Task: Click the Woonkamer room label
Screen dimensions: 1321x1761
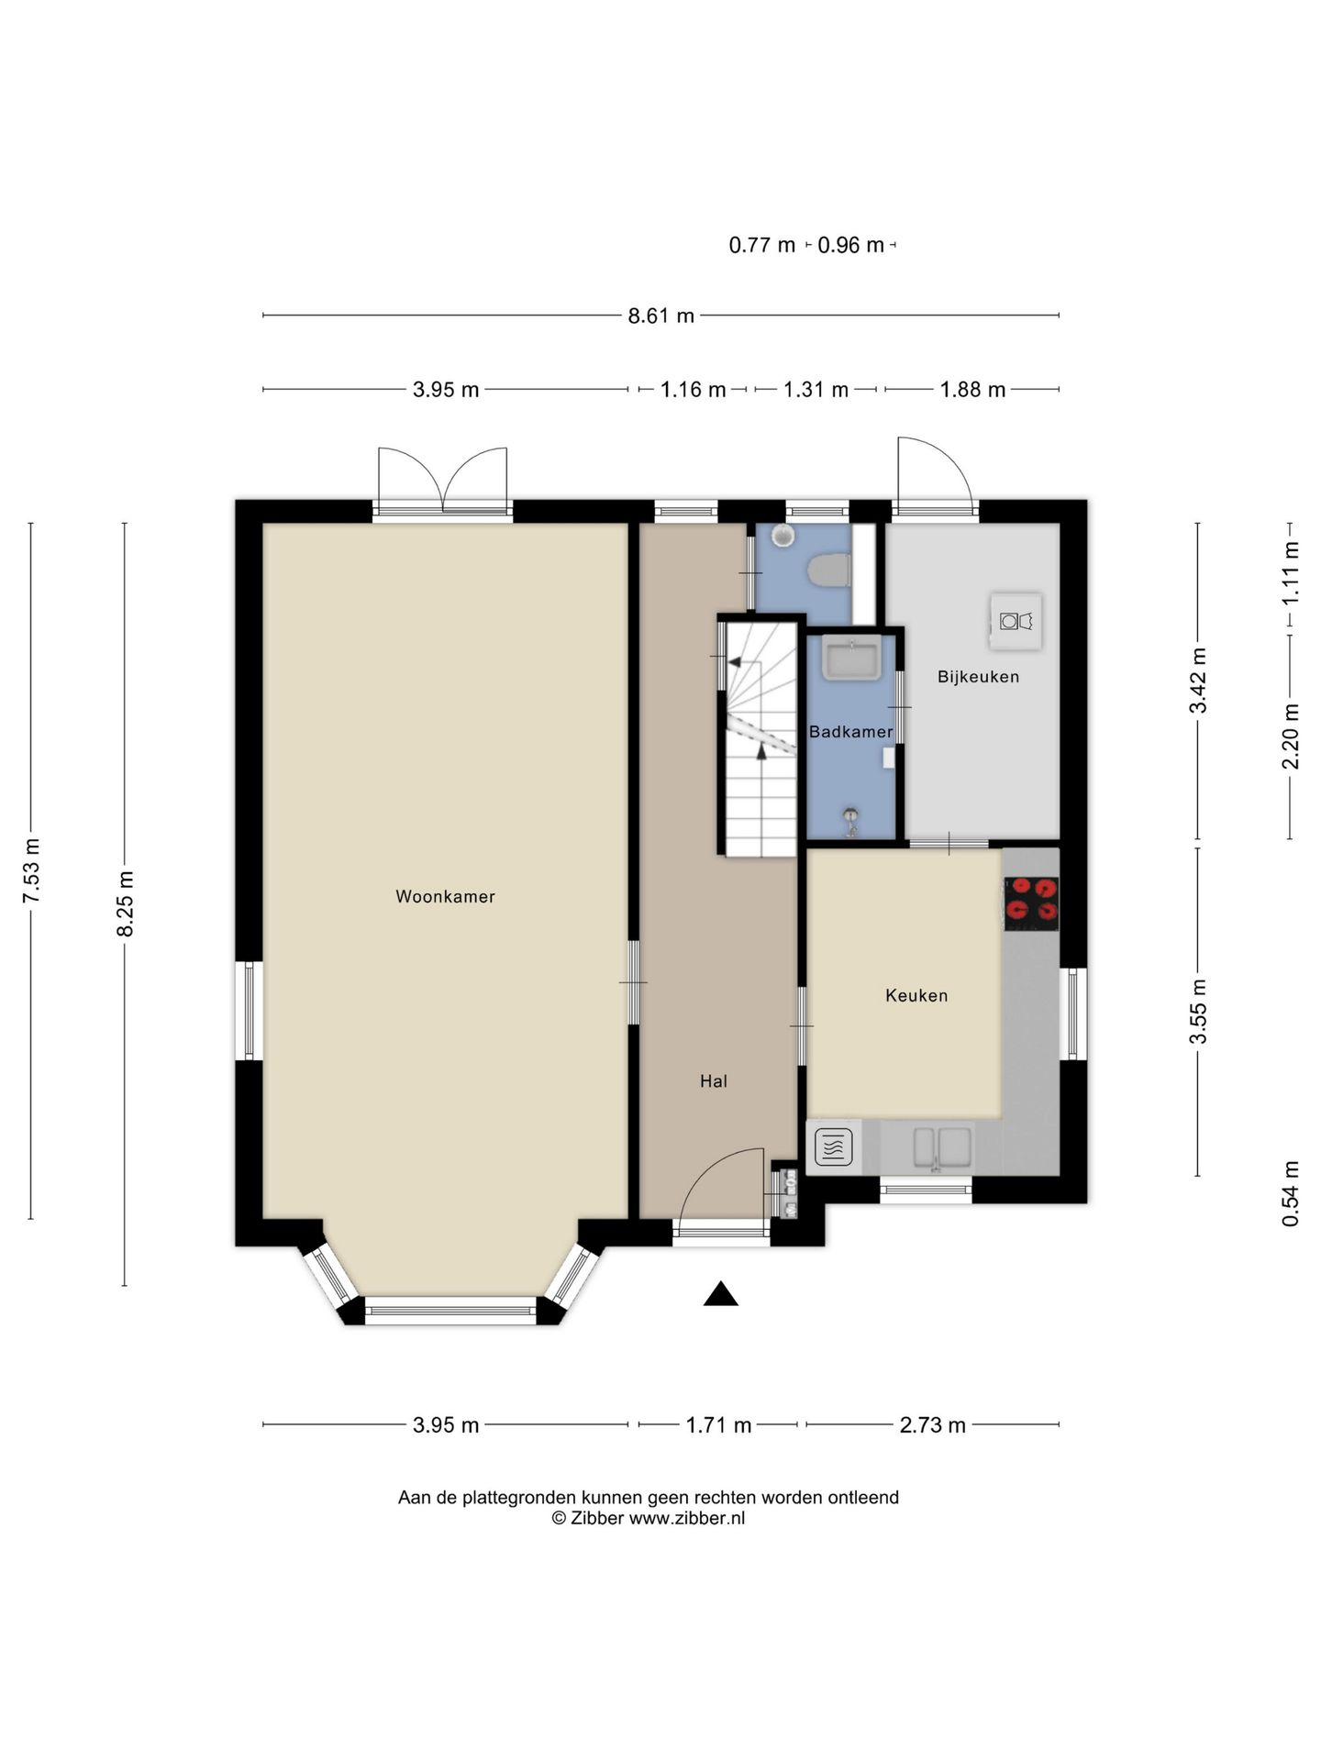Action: click(445, 896)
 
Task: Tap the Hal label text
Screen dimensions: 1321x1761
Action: click(714, 1081)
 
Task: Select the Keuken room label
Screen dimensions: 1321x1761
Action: click(916, 995)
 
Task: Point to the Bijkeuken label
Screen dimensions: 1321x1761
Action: click(978, 677)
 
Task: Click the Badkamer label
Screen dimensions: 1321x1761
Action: click(851, 732)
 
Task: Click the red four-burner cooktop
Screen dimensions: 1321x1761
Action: click(1031, 903)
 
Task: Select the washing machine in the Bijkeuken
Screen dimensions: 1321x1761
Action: click(1016, 621)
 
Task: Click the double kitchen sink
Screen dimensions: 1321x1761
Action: click(941, 1147)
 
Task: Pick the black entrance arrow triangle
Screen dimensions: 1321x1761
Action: click(721, 1293)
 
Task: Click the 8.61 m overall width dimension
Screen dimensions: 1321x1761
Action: click(660, 316)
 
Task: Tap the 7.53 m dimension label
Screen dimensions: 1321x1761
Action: click(31, 870)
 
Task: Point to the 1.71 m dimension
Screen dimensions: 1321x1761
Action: click(718, 1424)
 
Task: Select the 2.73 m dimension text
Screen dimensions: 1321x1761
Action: click(932, 1424)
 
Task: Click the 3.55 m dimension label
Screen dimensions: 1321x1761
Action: click(1197, 1011)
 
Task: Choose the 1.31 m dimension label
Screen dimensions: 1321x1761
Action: click(815, 390)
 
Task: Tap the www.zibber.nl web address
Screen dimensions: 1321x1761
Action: click(686, 1518)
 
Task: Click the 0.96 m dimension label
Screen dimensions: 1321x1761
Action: click(850, 245)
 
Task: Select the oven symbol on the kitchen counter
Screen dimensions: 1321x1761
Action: click(833, 1146)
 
